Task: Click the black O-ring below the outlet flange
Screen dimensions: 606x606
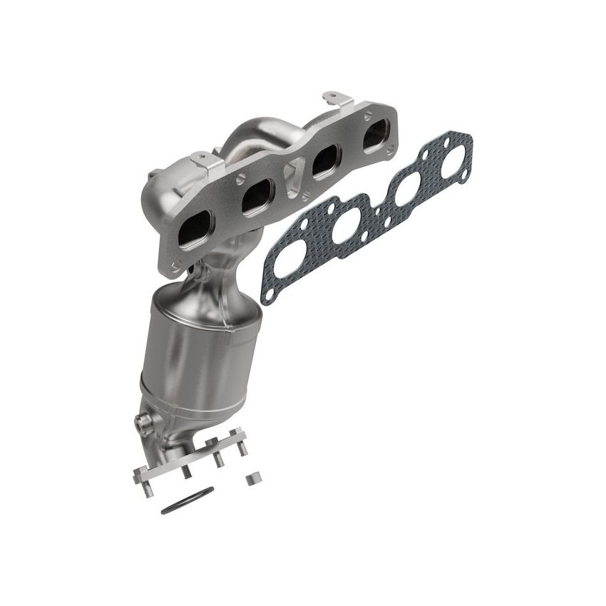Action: coord(187,500)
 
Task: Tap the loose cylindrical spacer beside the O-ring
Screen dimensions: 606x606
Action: coord(251,478)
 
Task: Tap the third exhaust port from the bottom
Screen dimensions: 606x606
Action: coord(324,163)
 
